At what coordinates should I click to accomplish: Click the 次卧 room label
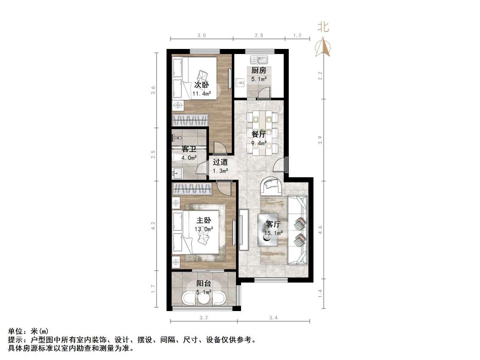coord(202,84)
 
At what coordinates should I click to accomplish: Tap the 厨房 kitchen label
coord(258,70)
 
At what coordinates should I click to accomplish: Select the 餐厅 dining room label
coord(258,135)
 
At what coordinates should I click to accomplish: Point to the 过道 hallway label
coord(220,162)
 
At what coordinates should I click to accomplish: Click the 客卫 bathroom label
coord(188,149)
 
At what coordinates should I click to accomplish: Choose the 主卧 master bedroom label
coord(203,221)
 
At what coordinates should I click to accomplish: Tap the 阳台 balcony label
coord(203,284)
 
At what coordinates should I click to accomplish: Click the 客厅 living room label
coord(273,224)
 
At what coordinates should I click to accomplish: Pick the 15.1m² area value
coord(273,233)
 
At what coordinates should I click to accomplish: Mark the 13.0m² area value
coord(203,229)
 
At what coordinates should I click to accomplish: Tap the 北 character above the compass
coord(323,27)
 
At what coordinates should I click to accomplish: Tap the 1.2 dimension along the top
coord(297,35)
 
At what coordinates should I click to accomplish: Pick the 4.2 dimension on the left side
coord(154,226)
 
